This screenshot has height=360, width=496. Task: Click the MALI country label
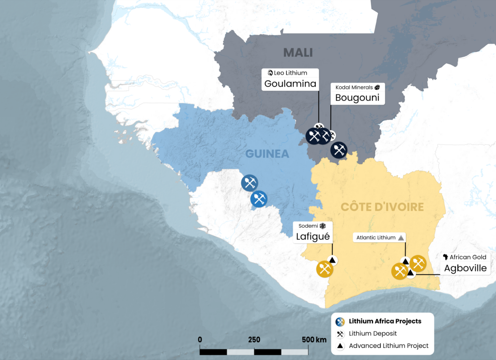(298, 52)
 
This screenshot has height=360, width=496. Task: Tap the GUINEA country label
(267, 154)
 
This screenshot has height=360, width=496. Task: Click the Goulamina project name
(290, 84)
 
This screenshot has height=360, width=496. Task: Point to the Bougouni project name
(357, 98)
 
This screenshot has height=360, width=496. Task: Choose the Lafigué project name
(313, 236)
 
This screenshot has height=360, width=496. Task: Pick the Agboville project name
(465, 268)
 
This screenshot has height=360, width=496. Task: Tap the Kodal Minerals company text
(352, 87)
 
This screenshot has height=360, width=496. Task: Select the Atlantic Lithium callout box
(380, 238)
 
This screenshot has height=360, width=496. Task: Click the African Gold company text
(467, 257)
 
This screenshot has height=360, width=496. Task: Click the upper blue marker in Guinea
(249, 183)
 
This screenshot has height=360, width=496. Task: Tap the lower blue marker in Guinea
(259, 199)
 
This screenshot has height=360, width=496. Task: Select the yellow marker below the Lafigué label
(325, 269)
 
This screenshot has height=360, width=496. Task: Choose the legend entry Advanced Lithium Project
(388, 346)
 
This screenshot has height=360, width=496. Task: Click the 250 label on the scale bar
(254, 340)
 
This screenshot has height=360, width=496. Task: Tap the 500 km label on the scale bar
(314, 340)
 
